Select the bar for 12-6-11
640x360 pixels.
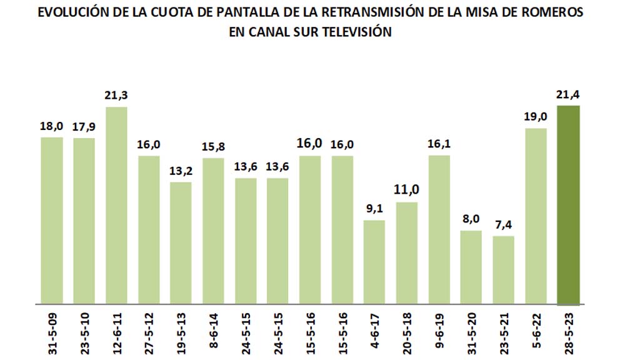coord(116,206)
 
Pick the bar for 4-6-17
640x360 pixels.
coord(374,262)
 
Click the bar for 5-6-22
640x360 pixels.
coord(536,216)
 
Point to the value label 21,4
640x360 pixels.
coord(569,94)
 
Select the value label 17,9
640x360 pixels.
coord(84,126)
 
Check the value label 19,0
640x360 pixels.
coord(536,117)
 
